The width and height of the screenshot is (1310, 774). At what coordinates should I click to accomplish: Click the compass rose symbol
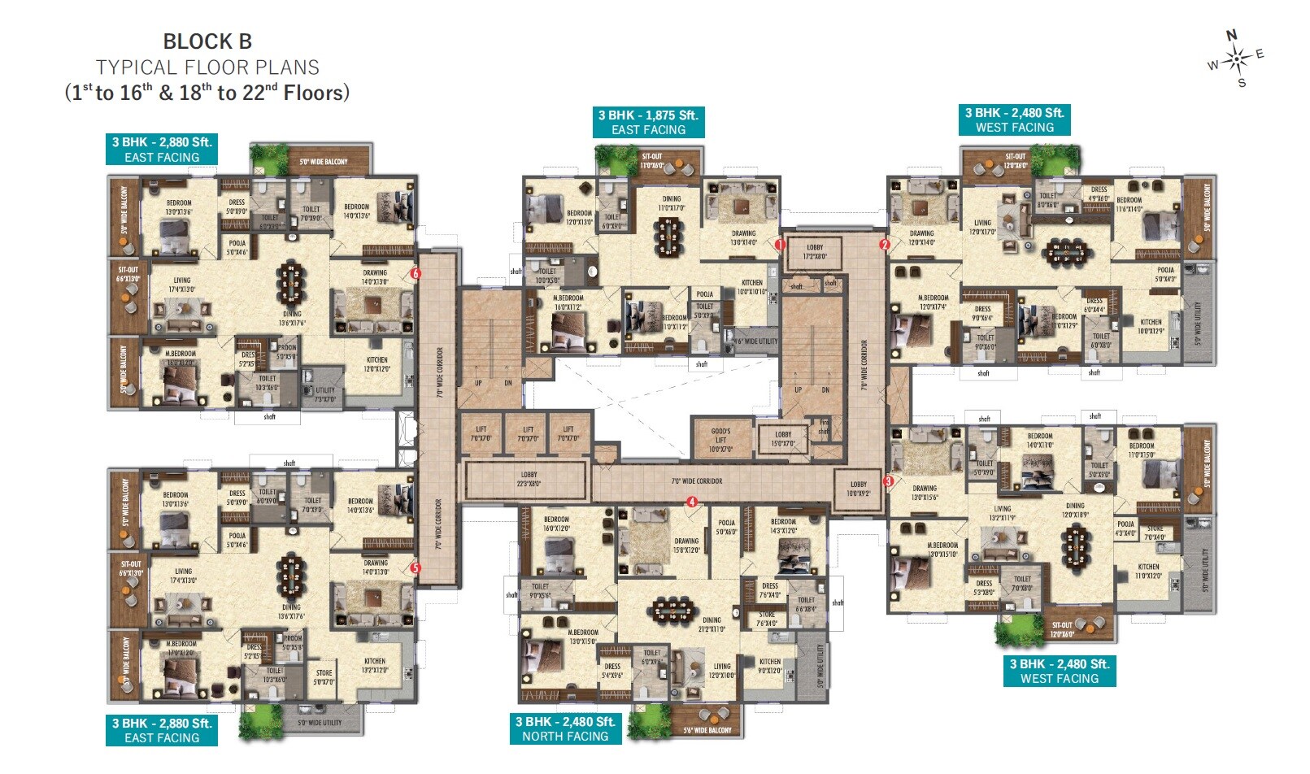coord(1237,59)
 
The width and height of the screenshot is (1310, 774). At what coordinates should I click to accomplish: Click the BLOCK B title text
coord(207,41)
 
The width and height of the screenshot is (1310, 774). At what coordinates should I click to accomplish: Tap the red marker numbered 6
coord(416,274)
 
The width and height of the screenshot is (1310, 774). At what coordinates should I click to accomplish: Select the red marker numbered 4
coord(692,502)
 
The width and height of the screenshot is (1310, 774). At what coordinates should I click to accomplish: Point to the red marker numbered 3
coord(888,481)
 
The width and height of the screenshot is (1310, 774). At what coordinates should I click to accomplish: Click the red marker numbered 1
coord(779,244)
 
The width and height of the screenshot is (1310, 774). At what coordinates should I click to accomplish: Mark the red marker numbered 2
coord(885,244)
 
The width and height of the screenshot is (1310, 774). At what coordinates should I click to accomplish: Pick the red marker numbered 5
coord(415,568)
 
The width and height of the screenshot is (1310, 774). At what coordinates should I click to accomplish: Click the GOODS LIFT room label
coord(720,440)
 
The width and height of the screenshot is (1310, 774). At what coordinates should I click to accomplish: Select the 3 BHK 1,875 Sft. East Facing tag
coord(648,122)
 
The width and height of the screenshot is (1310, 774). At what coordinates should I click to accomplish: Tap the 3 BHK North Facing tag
coord(565,728)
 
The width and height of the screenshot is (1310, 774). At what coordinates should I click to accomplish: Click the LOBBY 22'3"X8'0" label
coord(529,479)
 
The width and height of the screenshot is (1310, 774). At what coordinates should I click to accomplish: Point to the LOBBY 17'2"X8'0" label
coord(815,252)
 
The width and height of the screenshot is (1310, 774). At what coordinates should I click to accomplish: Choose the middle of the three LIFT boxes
coord(529,434)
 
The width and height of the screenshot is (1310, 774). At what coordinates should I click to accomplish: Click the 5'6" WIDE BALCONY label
coord(707,730)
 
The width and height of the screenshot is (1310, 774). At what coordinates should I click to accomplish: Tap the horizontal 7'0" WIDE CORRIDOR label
coord(697,481)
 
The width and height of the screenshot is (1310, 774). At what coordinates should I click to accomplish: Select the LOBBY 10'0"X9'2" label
coord(859,489)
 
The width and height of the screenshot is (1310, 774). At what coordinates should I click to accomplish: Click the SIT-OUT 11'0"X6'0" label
coord(652,161)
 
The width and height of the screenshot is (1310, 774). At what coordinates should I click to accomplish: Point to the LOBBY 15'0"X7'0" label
coord(783,439)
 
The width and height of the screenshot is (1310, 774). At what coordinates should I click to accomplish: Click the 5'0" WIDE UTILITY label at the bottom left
coord(320,723)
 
